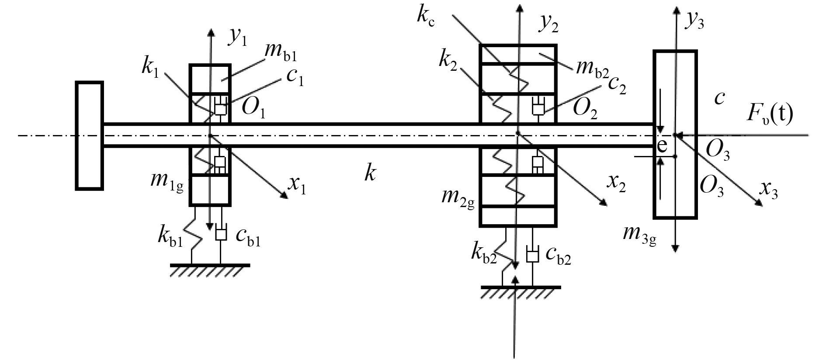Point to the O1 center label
(x=253, y=108)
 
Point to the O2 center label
(x=585, y=109)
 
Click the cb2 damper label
(x=558, y=258)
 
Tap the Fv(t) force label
(x=770, y=115)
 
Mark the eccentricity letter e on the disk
(x=663, y=147)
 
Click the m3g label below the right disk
(x=640, y=237)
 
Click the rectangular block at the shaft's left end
(x=90, y=135)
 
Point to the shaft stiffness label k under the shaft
(x=370, y=174)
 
